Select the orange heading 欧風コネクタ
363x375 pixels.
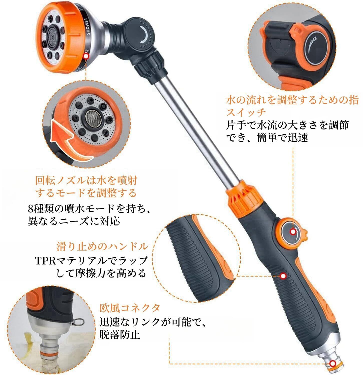(x=130, y=308)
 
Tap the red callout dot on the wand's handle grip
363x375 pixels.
(x=283, y=276)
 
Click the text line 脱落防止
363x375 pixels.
(x=120, y=334)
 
